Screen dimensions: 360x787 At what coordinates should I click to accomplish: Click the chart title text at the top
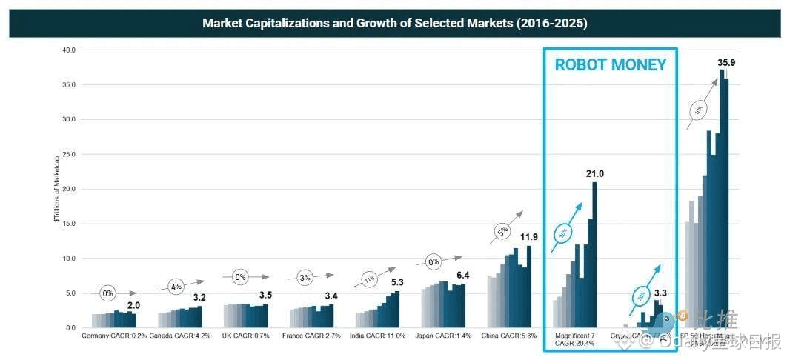[x=394, y=23]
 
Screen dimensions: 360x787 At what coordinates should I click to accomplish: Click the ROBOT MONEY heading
[x=611, y=64]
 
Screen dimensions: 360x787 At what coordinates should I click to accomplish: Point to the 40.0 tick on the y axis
[x=69, y=50]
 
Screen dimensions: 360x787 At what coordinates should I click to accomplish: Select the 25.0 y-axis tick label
[x=69, y=154]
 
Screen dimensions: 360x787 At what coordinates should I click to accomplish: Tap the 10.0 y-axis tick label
[x=69, y=259]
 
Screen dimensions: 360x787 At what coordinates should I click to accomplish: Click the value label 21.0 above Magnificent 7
[x=594, y=174]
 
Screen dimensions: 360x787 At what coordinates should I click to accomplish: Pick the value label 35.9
[x=727, y=63]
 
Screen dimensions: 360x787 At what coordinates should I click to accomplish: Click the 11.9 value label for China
[x=529, y=237]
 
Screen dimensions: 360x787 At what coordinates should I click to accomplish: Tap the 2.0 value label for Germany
[x=133, y=305]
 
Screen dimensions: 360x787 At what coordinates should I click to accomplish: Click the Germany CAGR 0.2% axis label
[x=114, y=336]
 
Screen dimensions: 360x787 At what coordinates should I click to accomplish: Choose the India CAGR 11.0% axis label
[x=378, y=336]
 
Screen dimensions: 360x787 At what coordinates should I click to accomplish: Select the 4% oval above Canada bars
[x=175, y=286]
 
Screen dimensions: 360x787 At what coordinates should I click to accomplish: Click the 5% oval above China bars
[x=502, y=232]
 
